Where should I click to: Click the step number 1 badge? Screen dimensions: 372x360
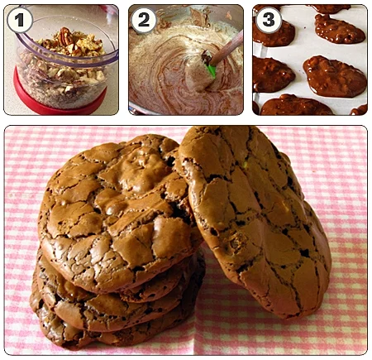(x=20, y=20)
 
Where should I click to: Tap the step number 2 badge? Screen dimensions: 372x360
(x=144, y=20)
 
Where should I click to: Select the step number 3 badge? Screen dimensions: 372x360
(x=269, y=19)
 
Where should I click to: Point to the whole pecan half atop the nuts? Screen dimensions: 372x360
(x=65, y=36)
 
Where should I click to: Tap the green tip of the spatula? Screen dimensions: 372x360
(x=211, y=70)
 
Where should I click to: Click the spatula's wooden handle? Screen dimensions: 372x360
(x=227, y=47)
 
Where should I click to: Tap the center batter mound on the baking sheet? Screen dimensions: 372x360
(x=334, y=76)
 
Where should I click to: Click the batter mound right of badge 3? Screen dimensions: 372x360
(x=340, y=29)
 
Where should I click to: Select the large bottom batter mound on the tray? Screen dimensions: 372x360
(x=295, y=105)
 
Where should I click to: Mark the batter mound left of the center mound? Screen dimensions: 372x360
(x=273, y=74)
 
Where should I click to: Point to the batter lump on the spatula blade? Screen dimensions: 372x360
(x=199, y=75)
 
